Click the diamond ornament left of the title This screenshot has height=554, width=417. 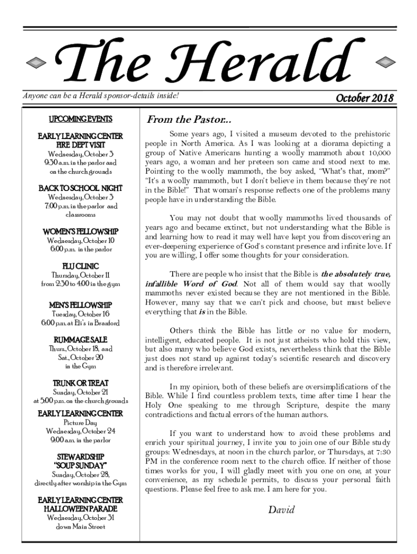(37, 62)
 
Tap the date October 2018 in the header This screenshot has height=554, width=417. (364, 98)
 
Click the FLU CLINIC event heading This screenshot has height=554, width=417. (81, 266)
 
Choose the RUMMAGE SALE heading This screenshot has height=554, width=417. (81, 340)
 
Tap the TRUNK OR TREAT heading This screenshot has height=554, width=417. (81, 383)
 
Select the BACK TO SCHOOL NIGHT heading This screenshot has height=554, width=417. (81, 188)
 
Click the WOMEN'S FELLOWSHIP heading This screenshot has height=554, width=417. (81, 232)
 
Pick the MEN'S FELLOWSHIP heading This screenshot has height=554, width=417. (81, 305)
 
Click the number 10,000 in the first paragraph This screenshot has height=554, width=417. (377, 153)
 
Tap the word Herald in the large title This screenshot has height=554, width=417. (271, 64)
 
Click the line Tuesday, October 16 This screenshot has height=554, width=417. (81, 314)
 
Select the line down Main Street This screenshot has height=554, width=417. (81, 526)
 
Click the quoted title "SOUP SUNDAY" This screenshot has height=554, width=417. (81, 465)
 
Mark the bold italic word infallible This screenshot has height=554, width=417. (165, 284)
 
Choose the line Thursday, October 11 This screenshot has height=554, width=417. (81, 275)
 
